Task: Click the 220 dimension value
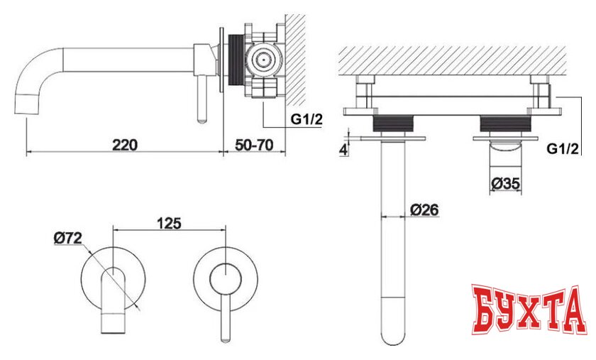point(125,145)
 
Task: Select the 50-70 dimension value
point(254,145)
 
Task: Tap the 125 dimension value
point(169,224)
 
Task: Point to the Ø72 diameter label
point(67,239)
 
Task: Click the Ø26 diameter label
point(424,209)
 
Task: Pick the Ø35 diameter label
point(505,184)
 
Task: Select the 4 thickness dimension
point(343,150)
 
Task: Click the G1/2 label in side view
point(307,119)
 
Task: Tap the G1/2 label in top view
point(563,148)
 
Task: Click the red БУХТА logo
point(528,309)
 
